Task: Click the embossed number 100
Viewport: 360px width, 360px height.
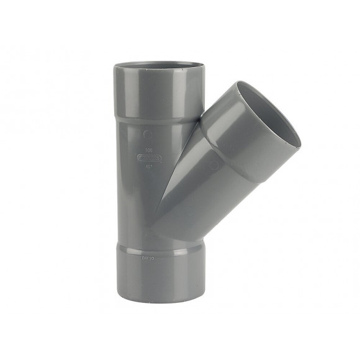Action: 149,150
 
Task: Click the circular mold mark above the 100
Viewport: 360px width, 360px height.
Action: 147,133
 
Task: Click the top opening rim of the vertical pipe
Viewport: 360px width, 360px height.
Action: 158,64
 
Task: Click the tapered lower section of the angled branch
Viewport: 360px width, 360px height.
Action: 186,199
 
